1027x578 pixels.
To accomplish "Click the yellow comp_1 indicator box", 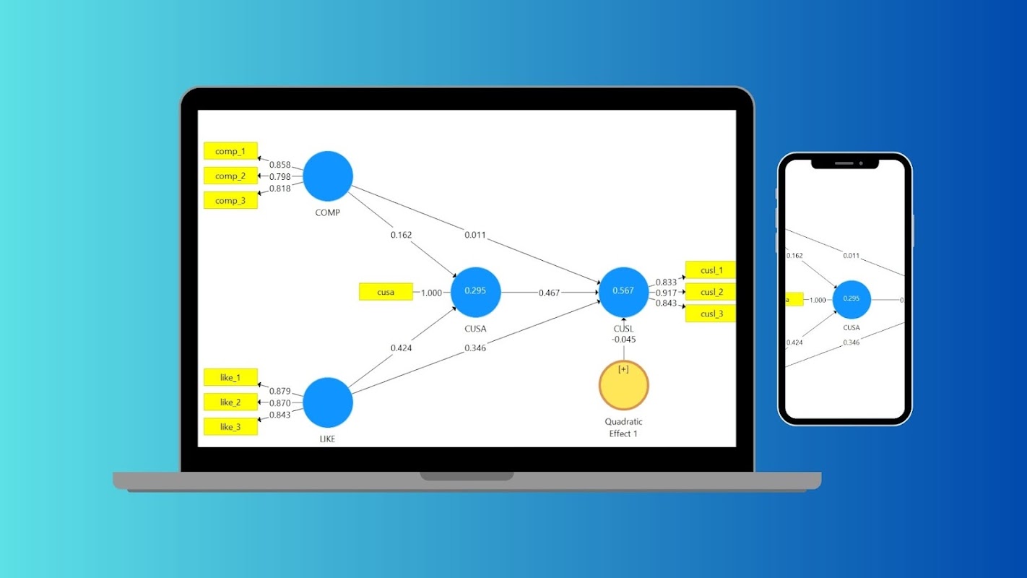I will coord(230,151).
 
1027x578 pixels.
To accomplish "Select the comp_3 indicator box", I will coord(230,201).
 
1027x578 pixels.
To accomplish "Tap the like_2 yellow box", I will coord(230,402).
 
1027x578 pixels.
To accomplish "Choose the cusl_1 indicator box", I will coord(711,270).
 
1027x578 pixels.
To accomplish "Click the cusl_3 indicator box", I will coord(711,314).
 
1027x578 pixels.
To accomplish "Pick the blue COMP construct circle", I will coord(328,176).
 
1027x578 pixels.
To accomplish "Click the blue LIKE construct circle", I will coord(328,402).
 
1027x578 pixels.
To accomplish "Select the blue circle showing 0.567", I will coord(623,292).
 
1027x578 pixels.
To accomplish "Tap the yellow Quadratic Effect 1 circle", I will coord(624,386).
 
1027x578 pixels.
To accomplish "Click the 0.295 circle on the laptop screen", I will coord(475,292).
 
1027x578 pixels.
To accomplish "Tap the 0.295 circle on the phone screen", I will coord(851,299).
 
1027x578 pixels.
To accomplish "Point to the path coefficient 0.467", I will coord(549,293).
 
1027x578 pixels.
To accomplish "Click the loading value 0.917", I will coord(666,293).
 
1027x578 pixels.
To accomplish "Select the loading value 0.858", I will coord(279,165).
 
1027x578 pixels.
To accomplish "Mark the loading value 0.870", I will coord(279,403).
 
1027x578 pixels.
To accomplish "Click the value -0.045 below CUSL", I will coord(623,340).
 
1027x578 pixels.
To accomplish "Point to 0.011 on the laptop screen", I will coord(475,235).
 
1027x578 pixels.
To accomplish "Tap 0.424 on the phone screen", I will coord(795,342).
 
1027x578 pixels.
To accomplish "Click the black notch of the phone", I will coord(845,163).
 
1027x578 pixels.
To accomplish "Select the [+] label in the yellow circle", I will coord(623,369).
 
